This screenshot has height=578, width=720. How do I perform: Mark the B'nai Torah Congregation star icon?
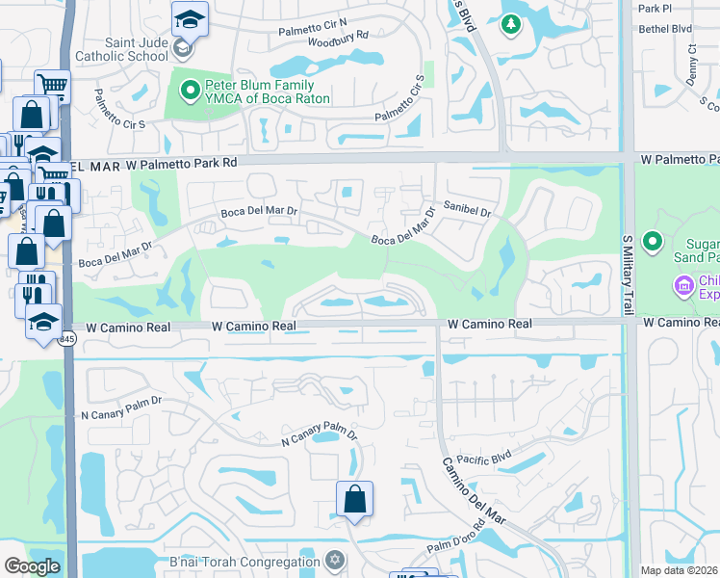tap(335, 560)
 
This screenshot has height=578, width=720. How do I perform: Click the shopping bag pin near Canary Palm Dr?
tap(354, 499)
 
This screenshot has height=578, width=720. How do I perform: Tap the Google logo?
tap(32, 566)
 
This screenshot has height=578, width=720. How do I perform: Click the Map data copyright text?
tap(680, 570)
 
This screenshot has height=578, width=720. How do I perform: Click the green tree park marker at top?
tap(510, 24)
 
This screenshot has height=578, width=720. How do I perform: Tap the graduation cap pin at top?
tap(190, 17)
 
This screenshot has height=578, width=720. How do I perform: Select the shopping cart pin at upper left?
tap(52, 87)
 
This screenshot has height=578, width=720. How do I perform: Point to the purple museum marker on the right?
tap(684, 285)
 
